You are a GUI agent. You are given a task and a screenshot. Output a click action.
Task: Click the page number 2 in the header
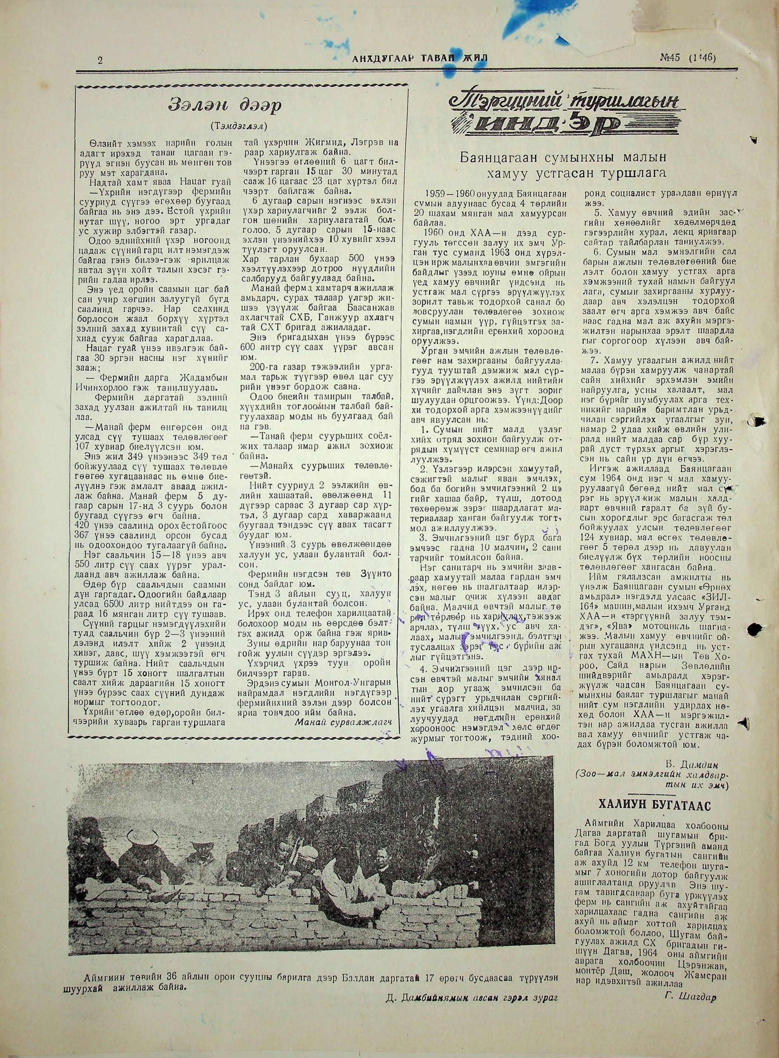(x=100, y=60)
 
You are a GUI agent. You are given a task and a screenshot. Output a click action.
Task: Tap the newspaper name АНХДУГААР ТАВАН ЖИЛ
(x=420, y=59)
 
